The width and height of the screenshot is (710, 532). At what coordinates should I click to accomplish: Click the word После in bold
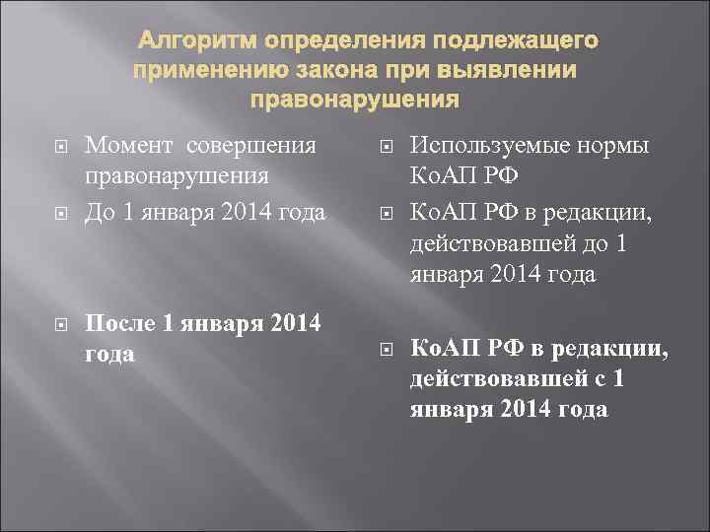coord(121,323)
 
